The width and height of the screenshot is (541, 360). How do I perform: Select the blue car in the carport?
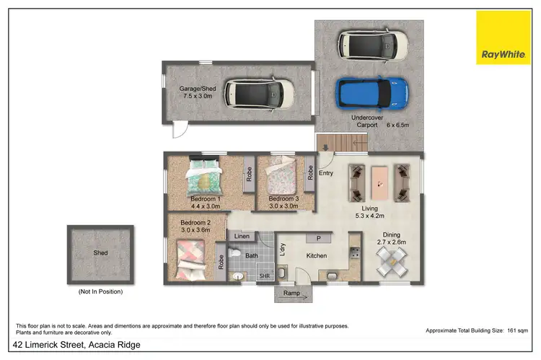coord(372,92)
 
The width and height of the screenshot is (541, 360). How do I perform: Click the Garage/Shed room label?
coord(195,93)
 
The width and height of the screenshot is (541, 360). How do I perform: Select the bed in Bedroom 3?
coord(278,177)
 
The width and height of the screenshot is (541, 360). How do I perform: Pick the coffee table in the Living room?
coord(379,182)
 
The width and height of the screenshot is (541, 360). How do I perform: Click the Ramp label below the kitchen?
coord(292,294)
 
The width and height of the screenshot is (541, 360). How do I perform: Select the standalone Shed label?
coord(100,253)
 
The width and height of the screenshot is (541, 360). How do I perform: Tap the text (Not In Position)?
coord(100,291)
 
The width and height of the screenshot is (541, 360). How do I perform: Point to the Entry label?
coord(326,173)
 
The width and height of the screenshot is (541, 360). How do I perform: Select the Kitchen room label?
coord(316,256)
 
